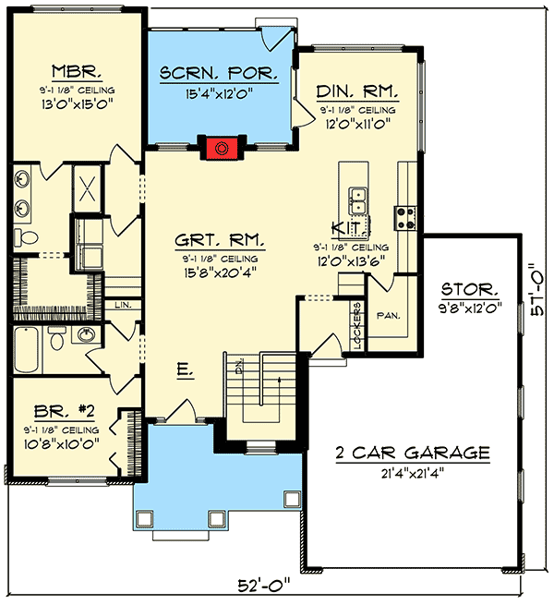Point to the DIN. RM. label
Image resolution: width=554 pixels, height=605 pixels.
pyautogui.click(x=357, y=91)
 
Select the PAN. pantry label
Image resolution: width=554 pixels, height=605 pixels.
pyautogui.click(x=389, y=315)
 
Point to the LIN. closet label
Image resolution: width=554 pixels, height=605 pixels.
pyautogui.click(x=123, y=304)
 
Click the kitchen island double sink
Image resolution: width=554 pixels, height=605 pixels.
pyautogui.click(x=356, y=199)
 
